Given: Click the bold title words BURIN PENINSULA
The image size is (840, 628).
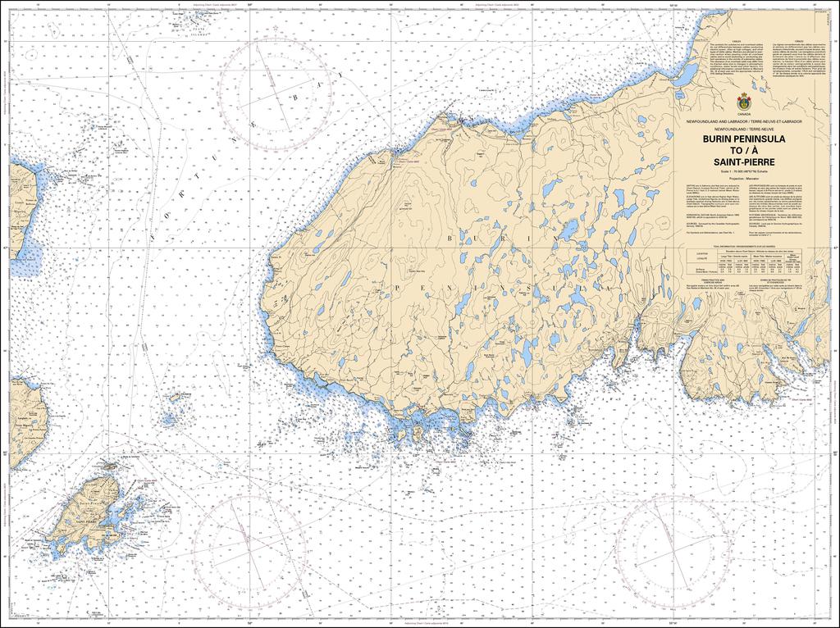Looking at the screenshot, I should (743, 139).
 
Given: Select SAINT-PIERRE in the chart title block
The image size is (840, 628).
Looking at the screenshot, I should (743, 162).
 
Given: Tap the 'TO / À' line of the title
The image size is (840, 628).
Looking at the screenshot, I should (743, 151).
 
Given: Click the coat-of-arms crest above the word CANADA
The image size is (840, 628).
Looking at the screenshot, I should (743, 102).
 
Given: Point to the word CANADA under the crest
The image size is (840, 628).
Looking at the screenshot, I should (743, 115).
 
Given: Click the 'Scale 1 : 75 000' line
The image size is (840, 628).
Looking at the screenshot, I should (743, 170).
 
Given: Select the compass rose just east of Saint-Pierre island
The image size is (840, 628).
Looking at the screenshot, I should (247, 536).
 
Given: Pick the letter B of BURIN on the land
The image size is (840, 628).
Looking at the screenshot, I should (450, 238).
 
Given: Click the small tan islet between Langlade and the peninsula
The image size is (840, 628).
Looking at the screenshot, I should (175, 398).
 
